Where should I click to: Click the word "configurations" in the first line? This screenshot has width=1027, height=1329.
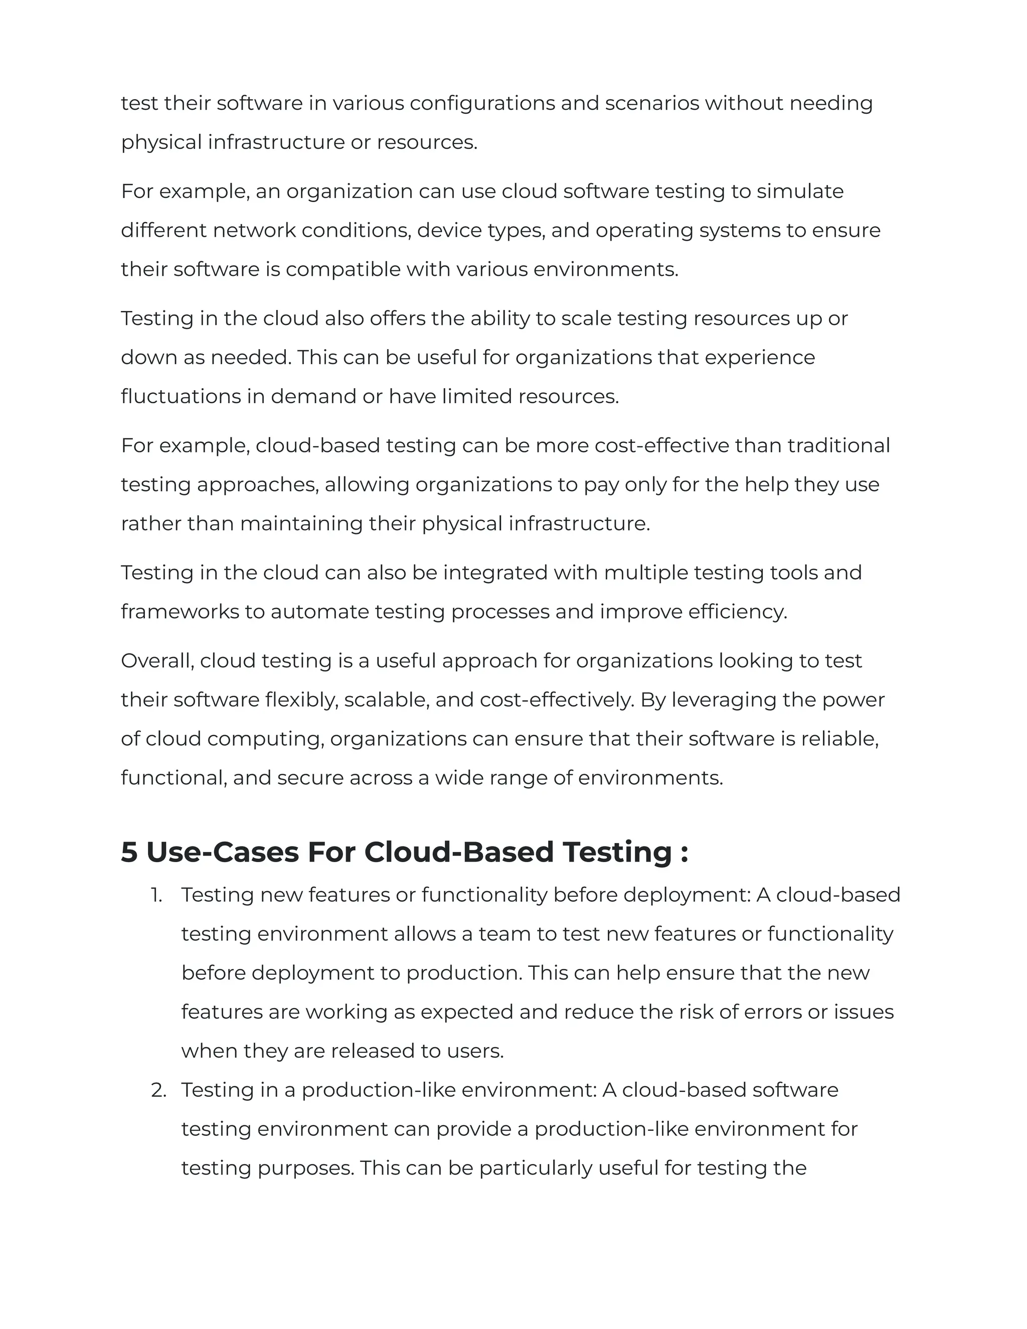click(482, 103)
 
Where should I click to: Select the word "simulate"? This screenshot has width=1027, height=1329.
click(800, 192)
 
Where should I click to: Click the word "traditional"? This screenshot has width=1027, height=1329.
click(838, 446)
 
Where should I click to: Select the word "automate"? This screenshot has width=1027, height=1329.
click(319, 612)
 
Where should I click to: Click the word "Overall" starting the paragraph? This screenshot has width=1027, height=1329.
click(157, 661)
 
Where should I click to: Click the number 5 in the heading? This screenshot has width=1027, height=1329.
click(129, 852)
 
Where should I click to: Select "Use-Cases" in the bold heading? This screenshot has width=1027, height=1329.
click(223, 852)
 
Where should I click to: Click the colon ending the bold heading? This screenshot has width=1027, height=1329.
click(684, 853)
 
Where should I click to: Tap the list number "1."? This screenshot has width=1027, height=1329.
click(157, 895)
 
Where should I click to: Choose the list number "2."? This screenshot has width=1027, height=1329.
click(158, 1090)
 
